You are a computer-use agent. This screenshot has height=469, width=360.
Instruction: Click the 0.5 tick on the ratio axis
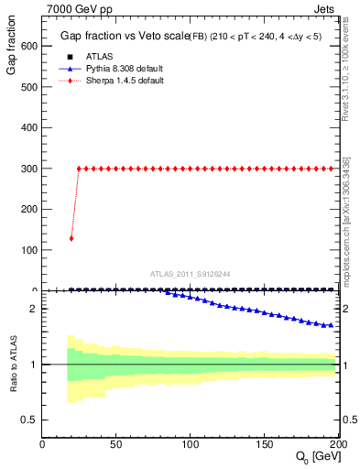coord(29,420)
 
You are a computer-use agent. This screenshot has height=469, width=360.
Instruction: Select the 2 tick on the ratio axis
coord(33,309)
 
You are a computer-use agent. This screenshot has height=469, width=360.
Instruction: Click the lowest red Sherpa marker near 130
coord(71,238)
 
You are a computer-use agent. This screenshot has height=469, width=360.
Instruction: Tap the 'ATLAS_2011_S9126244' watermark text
coord(191,274)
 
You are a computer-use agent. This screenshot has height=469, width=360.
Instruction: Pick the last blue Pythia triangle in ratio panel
coord(331,324)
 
